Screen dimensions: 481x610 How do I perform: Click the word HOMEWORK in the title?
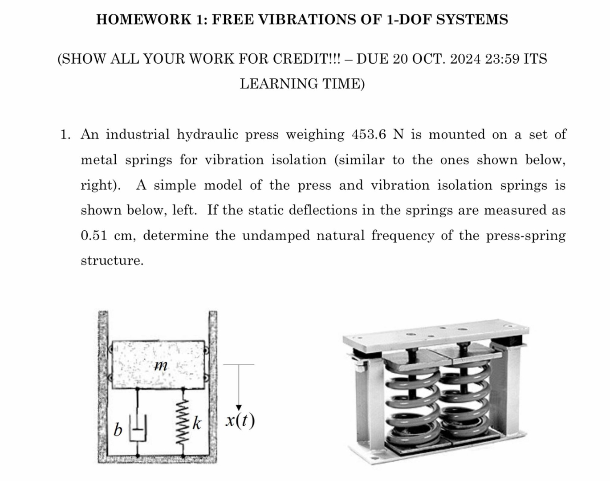pyautogui.click(x=143, y=20)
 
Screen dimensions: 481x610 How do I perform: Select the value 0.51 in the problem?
pyautogui.click(x=94, y=235)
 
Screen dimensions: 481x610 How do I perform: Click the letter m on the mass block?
pyautogui.click(x=160, y=366)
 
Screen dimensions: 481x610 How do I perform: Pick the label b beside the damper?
pyautogui.click(x=118, y=430)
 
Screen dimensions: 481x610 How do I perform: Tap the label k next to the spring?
pyautogui.click(x=197, y=424)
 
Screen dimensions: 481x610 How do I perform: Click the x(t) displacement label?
pyautogui.click(x=240, y=420)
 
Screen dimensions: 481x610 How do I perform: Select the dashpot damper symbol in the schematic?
pyautogui.click(x=137, y=429)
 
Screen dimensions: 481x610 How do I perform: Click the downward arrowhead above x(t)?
pyautogui.click(x=239, y=407)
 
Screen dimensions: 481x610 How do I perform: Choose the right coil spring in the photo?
pyautogui.click(x=465, y=401)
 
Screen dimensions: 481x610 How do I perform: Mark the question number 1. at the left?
pyautogui.click(x=65, y=135)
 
